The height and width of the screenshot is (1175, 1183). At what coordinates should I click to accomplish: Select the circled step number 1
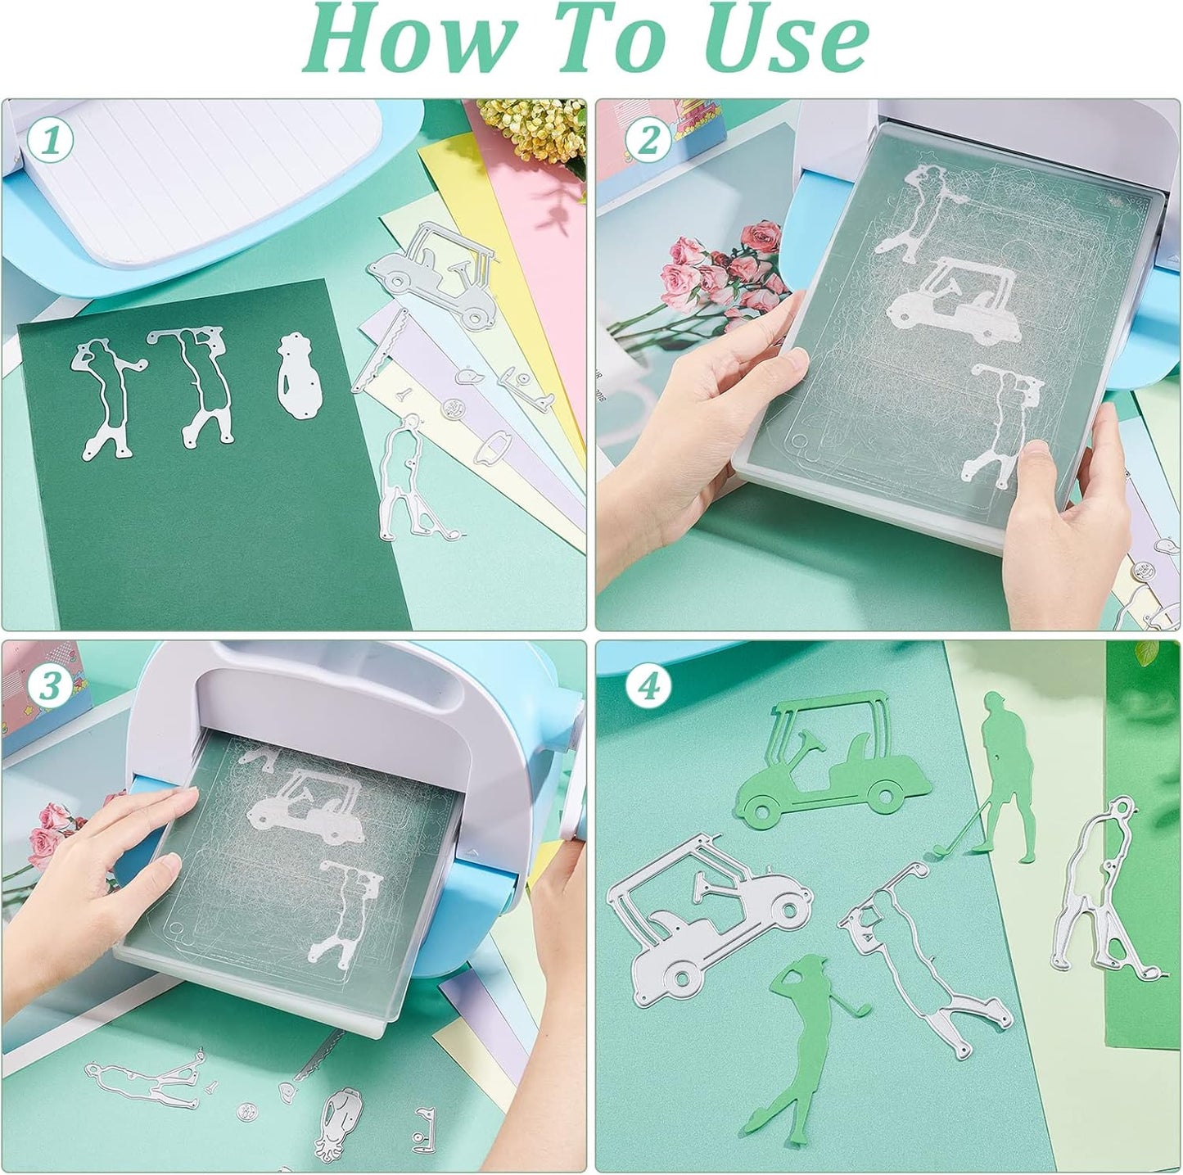click(51, 141)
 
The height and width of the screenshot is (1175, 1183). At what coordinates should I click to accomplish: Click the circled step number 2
click(648, 141)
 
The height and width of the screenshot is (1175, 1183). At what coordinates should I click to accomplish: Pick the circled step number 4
click(648, 686)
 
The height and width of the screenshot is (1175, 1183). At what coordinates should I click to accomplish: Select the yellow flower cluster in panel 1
click(532, 135)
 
